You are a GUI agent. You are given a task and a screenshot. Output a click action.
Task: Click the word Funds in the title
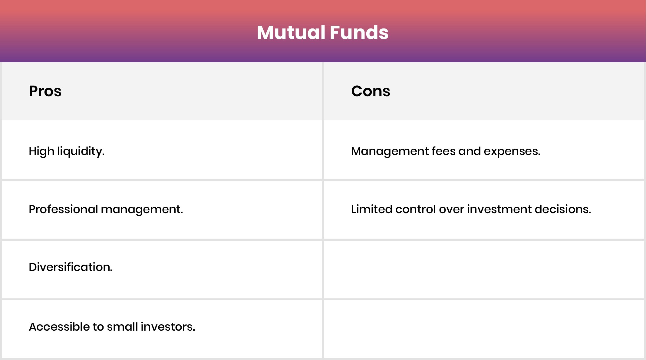pyautogui.click(x=359, y=32)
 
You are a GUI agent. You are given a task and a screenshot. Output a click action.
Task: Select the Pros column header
pyautogui.click(x=45, y=91)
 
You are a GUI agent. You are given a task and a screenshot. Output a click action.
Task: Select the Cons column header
pyautogui.click(x=371, y=91)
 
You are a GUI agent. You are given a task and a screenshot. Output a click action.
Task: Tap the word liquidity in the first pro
pyautogui.click(x=81, y=151)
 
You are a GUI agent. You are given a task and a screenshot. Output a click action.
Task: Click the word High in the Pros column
pyautogui.click(x=41, y=151)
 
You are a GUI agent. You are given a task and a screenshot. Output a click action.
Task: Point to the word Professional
pyautogui.click(x=63, y=209)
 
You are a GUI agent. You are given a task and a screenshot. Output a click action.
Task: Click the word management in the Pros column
pyautogui.click(x=141, y=210)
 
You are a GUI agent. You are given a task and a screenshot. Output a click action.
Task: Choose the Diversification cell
pyautogui.click(x=71, y=267)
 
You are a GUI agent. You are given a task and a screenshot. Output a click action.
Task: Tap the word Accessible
pyautogui.click(x=59, y=327)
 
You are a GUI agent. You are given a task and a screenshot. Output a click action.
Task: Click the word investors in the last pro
pyautogui.click(x=168, y=327)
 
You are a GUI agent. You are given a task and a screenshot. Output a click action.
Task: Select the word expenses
pyautogui.click(x=512, y=151)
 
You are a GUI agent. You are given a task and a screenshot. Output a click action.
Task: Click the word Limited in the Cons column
pyautogui.click(x=371, y=209)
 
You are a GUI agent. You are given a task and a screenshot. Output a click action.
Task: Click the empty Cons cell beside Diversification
pyautogui.click(x=483, y=269)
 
